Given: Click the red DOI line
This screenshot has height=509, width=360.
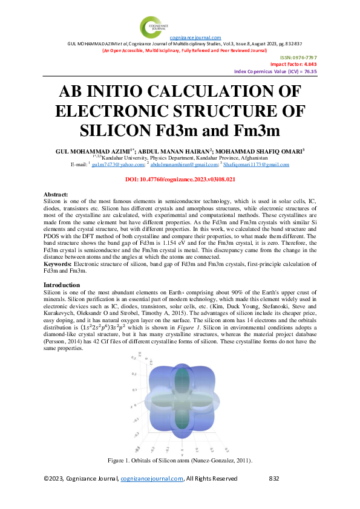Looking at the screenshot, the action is pos(180,180).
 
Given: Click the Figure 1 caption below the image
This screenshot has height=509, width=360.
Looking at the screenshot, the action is pos(180,461).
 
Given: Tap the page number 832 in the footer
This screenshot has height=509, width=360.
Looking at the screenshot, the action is pos(273,479).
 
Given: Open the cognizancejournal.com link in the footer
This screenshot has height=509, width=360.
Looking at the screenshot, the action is pos(152,479).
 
